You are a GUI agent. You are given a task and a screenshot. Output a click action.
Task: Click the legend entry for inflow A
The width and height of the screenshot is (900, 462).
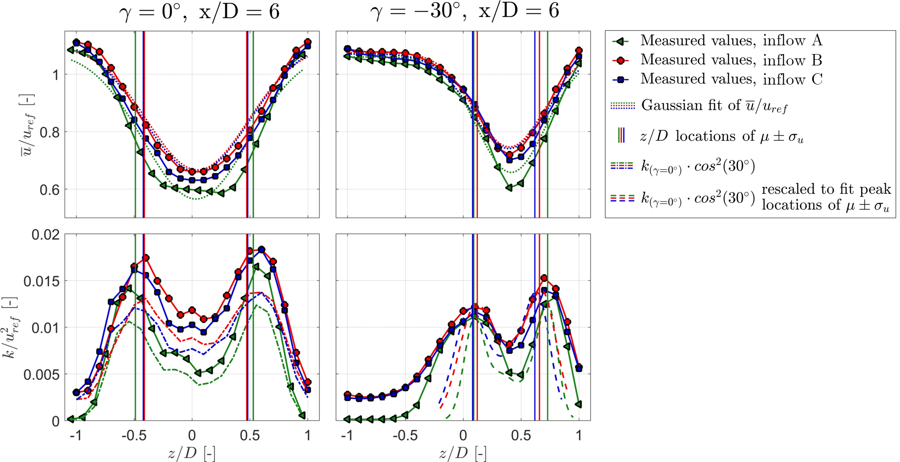pos(731,41)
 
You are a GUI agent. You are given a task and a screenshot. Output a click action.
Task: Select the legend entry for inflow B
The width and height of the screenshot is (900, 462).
pos(731,60)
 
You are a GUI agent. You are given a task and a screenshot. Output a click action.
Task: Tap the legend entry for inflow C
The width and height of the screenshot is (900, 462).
pos(731,79)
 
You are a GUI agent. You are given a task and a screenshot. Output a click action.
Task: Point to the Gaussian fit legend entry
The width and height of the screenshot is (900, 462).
pos(714,105)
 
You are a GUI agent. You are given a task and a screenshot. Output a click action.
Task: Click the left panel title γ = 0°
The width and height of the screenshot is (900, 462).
pos(199,11)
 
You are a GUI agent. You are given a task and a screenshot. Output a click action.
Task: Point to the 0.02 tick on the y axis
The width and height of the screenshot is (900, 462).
pos(45,235)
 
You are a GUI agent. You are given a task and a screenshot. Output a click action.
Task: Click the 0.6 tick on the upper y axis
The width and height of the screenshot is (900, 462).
pos(49,190)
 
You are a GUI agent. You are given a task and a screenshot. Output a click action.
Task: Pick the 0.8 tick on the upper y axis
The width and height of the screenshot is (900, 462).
pos(49,132)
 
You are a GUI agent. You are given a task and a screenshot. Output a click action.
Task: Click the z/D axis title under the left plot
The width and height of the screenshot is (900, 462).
pos(192,453)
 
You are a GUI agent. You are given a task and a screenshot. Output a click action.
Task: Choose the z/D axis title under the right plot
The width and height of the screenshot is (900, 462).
pos(462,453)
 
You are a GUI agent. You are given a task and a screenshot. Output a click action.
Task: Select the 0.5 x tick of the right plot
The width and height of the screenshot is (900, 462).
pos(521,435)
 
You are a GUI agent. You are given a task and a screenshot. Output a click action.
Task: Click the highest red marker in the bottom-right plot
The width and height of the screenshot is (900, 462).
pos(544,278)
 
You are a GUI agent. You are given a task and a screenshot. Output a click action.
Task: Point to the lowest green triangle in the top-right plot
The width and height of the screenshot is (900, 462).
pos(509,188)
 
